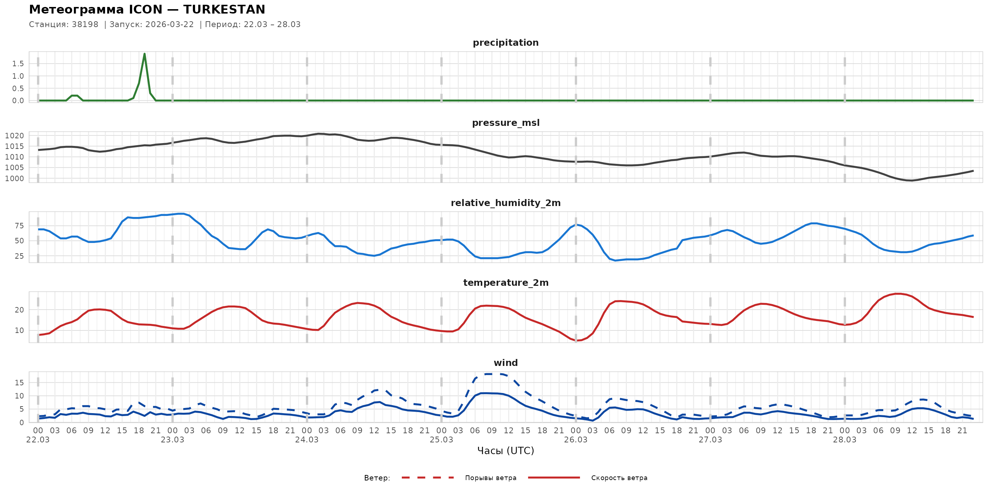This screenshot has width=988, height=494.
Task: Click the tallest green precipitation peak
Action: [144, 54]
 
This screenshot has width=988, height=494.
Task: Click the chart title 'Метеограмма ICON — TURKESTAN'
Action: [147, 10]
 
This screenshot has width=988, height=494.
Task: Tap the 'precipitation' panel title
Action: [505, 42]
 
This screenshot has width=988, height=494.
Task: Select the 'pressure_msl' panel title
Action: [505, 123]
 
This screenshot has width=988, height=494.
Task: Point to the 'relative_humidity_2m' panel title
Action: [505, 203]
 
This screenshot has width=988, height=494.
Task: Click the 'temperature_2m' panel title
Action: [505, 282]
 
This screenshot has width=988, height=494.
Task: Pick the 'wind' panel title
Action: [505, 363]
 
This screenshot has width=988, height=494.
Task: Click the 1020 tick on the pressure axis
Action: [14, 136]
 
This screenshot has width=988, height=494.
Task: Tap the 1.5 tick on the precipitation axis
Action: [18, 64]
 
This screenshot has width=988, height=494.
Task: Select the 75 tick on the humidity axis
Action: [19, 226]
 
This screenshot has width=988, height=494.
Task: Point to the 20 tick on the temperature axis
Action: [19, 310]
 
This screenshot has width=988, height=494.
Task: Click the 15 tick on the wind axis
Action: [19, 383]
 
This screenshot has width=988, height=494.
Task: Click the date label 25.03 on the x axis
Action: [441, 440]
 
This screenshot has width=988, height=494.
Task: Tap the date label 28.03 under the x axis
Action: [845, 440]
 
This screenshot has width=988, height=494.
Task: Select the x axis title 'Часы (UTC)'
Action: [505, 451]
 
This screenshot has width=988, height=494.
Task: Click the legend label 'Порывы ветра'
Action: [491, 478]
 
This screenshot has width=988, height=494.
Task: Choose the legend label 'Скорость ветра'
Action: [619, 478]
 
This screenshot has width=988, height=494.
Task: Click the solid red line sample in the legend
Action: [554, 478]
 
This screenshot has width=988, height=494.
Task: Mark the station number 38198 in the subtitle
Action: [85, 25]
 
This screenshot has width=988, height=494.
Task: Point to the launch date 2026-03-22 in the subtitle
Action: [169, 25]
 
